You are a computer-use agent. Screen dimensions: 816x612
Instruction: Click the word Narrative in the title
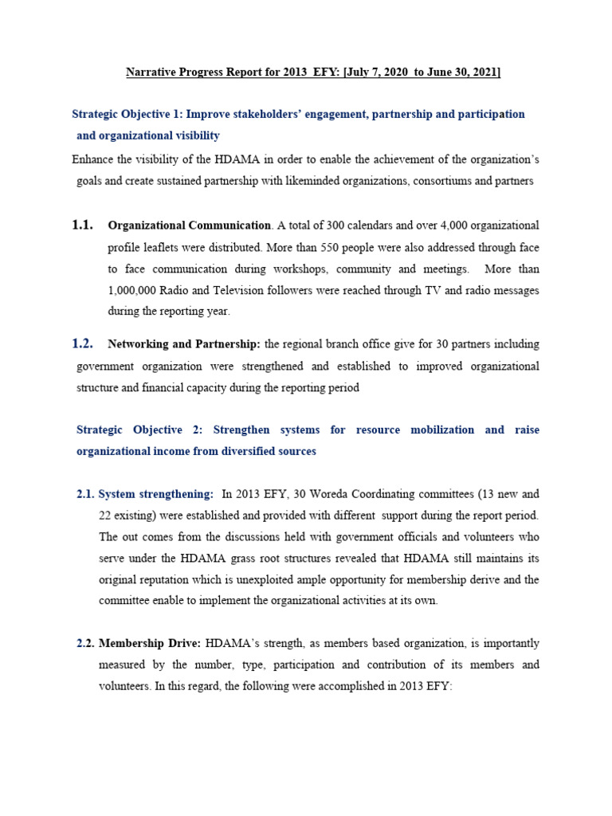pyautogui.click(x=150, y=73)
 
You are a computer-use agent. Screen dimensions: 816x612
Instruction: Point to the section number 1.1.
pyautogui.click(x=83, y=226)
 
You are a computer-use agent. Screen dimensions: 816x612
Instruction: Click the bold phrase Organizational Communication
pyautogui.click(x=189, y=226)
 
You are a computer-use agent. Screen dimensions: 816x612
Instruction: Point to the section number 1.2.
pyautogui.click(x=83, y=344)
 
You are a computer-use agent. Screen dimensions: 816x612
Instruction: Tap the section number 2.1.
pyautogui.click(x=85, y=494)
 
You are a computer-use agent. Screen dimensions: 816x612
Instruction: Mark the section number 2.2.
pyautogui.click(x=85, y=643)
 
